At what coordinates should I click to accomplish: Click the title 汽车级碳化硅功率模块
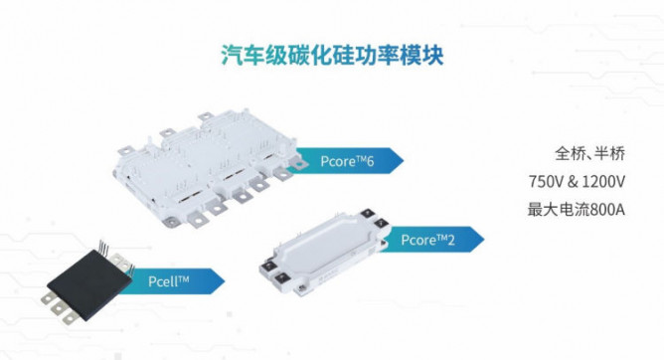click(x=332, y=55)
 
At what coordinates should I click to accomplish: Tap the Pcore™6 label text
click(x=347, y=161)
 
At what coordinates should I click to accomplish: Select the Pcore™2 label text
click(x=427, y=240)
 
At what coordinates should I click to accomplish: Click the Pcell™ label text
click(x=169, y=281)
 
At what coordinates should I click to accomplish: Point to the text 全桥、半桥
click(x=589, y=153)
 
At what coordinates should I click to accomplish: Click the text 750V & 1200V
click(x=577, y=182)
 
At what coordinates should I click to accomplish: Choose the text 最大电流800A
click(x=577, y=210)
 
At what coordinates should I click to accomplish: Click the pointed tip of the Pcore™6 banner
click(x=404, y=160)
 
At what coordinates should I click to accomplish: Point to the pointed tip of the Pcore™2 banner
click(x=484, y=239)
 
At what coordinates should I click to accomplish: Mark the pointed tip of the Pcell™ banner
click(x=225, y=280)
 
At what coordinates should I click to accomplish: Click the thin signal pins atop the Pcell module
click(x=103, y=246)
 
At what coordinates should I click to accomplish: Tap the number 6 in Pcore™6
click(x=370, y=162)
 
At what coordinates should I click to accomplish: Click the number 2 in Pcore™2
click(x=450, y=241)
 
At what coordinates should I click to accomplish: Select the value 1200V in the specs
click(x=604, y=182)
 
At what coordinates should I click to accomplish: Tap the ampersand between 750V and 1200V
click(x=573, y=182)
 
